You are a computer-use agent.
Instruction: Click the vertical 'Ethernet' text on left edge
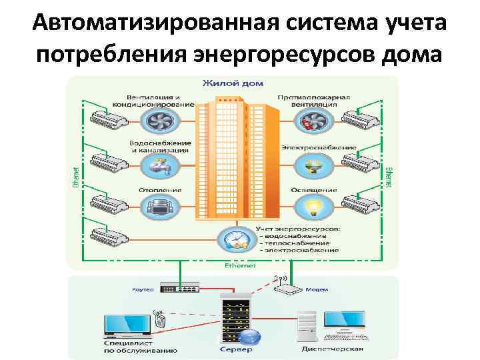pyautogui.click(x=74, y=175)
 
